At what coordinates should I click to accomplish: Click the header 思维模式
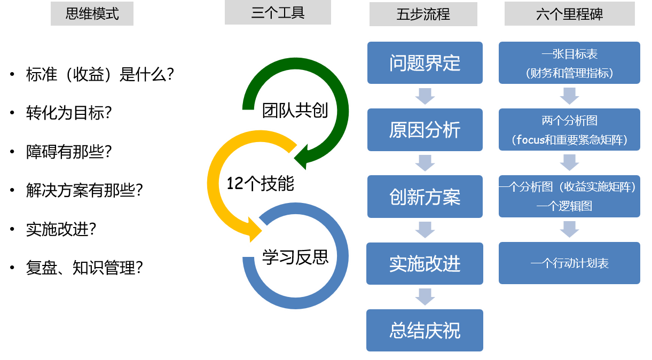tap(92, 13)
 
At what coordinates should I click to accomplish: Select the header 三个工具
tap(278, 12)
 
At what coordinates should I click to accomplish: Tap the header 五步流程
tap(423, 14)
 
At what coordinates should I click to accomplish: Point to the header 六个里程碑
tap(569, 14)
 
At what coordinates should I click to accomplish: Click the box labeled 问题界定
tap(425, 62)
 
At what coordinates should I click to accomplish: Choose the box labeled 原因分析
tap(425, 130)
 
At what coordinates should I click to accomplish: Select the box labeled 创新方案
tap(425, 197)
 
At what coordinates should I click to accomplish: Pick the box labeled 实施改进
tap(425, 263)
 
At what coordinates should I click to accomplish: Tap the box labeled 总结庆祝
tap(425, 330)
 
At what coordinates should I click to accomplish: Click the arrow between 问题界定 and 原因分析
tap(425, 96)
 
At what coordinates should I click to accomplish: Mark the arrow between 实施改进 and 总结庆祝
tap(425, 296)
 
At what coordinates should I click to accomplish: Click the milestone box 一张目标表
tap(569, 63)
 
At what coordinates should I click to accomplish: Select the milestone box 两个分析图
tap(569, 130)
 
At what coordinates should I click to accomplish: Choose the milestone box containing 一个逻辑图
tap(569, 197)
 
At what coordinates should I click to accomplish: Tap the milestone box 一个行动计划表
tap(569, 263)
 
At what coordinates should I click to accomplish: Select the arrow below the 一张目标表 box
tap(569, 96)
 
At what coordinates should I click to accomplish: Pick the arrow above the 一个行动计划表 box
tap(569, 230)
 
